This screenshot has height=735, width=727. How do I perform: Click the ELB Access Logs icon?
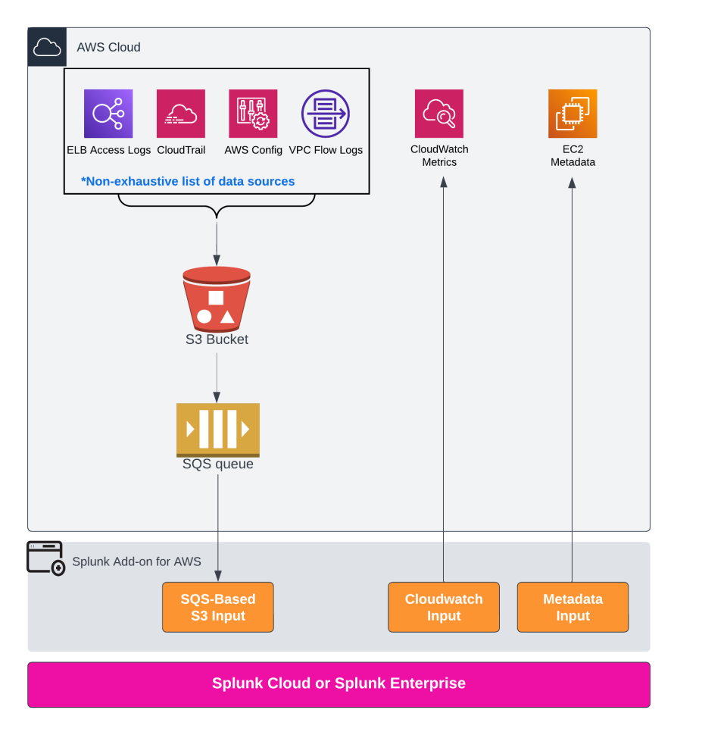108,114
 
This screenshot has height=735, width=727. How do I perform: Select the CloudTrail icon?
181,114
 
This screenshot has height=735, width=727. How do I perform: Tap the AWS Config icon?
253,114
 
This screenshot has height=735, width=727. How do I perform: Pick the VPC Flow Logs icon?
326,114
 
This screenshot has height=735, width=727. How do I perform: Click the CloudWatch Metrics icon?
439,114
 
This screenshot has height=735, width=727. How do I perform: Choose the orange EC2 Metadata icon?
573,114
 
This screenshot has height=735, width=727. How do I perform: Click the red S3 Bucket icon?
217,299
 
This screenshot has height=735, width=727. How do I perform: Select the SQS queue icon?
217,430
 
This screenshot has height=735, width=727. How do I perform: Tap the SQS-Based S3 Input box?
218,607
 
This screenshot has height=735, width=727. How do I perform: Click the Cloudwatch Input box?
444,607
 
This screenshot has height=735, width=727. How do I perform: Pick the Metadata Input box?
573,607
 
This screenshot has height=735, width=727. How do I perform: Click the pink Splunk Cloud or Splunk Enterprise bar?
339,684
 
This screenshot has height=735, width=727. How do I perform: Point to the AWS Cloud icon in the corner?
47,48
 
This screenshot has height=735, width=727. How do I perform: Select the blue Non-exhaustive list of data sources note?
188,182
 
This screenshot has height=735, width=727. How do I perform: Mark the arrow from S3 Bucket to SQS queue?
217,376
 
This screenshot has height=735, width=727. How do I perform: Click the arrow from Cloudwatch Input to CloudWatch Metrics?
444,379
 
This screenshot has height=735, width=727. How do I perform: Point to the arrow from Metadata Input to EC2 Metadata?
572,379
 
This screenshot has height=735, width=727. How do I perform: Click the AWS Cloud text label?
108,48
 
